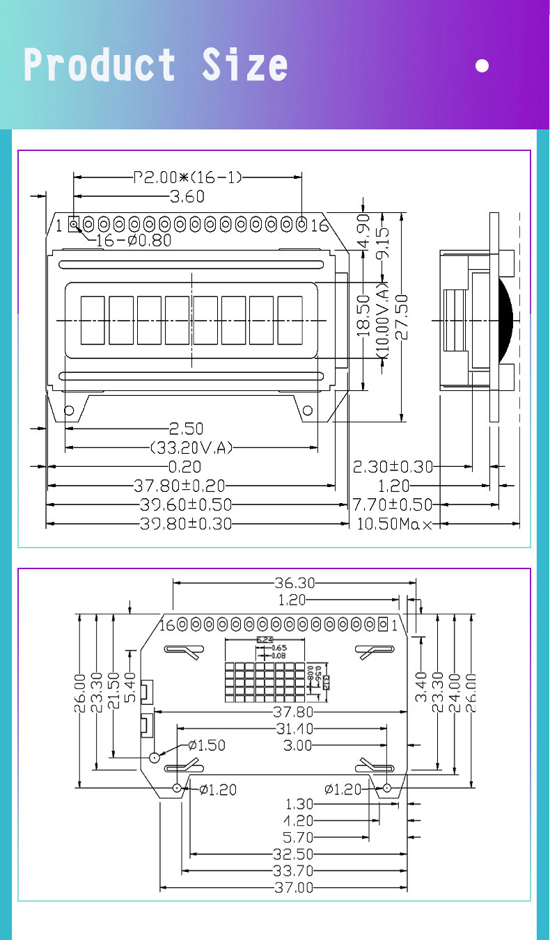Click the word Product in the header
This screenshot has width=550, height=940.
[x=100, y=65]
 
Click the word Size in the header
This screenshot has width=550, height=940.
[x=244, y=65]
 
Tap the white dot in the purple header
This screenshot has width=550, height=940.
[x=482, y=66]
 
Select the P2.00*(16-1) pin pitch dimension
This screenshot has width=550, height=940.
[x=188, y=177]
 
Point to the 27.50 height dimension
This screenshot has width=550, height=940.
[x=402, y=317]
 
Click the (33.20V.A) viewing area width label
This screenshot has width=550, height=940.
[x=191, y=447]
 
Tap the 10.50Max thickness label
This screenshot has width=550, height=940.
[x=393, y=523]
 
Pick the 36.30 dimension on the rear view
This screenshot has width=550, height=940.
[x=294, y=582]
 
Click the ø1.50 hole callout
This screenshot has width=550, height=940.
[x=207, y=745]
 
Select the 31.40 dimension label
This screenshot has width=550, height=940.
[x=294, y=728]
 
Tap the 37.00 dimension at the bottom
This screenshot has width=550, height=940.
[x=295, y=888]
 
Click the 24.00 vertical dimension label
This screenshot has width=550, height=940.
[x=455, y=693]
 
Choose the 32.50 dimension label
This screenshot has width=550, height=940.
[x=295, y=854]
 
